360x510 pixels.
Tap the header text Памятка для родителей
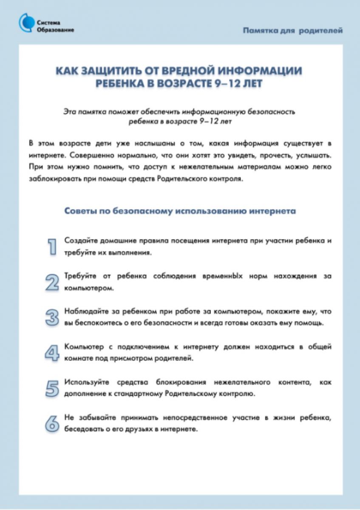click(x=293, y=31)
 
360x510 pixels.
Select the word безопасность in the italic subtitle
click(x=270, y=112)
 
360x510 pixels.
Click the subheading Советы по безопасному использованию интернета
click(x=180, y=211)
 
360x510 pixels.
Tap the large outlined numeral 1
click(x=52, y=246)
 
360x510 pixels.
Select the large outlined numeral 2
click(x=52, y=282)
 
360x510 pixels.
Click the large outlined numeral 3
click(x=52, y=317)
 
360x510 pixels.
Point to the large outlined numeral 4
click(x=52, y=353)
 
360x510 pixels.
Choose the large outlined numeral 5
click(x=52, y=388)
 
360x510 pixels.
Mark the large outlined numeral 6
click(x=52, y=424)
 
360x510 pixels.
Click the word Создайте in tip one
click(x=81, y=241)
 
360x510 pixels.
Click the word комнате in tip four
click(x=78, y=358)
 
